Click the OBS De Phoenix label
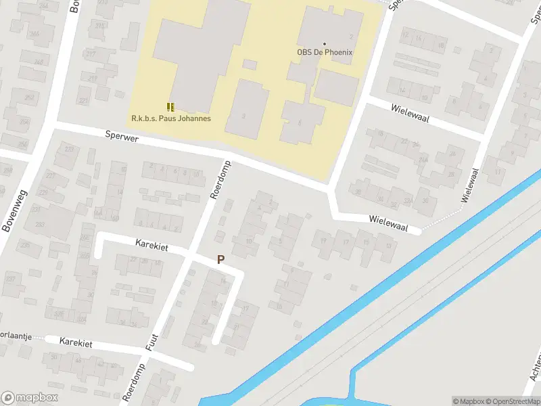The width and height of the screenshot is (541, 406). click(x=325, y=52)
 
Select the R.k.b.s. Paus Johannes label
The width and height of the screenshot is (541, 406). click(x=171, y=118)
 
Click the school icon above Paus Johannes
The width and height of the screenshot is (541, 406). click(x=170, y=106)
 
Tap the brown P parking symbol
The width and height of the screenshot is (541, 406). click(x=220, y=259)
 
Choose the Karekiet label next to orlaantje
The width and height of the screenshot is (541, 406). click(x=76, y=342)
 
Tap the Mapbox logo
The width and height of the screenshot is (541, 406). click(x=29, y=398)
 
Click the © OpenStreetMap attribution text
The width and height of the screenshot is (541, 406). click(x=511, y=401)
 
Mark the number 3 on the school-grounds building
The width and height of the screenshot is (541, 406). click(x=244, y=116)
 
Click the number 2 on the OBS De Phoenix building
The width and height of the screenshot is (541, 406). click(x=351, y=35)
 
